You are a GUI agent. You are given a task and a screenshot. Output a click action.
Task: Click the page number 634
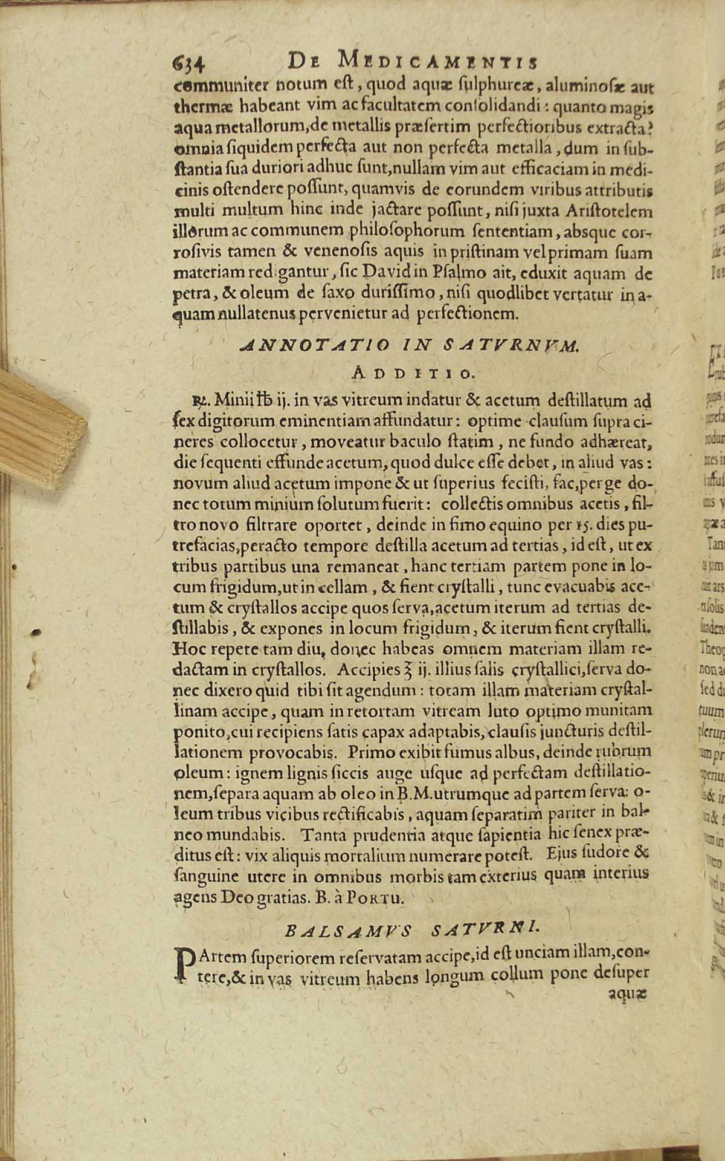point(190,62)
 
